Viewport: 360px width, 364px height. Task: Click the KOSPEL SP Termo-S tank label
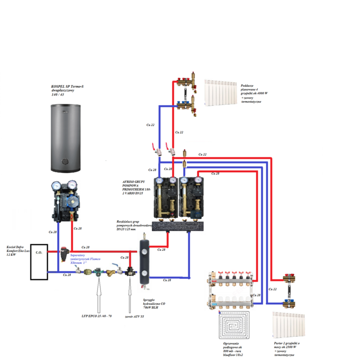coord(67,90)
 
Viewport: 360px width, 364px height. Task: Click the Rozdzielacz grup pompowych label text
coord(133,224)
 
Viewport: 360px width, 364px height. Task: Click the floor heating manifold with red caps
coord(231,288)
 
